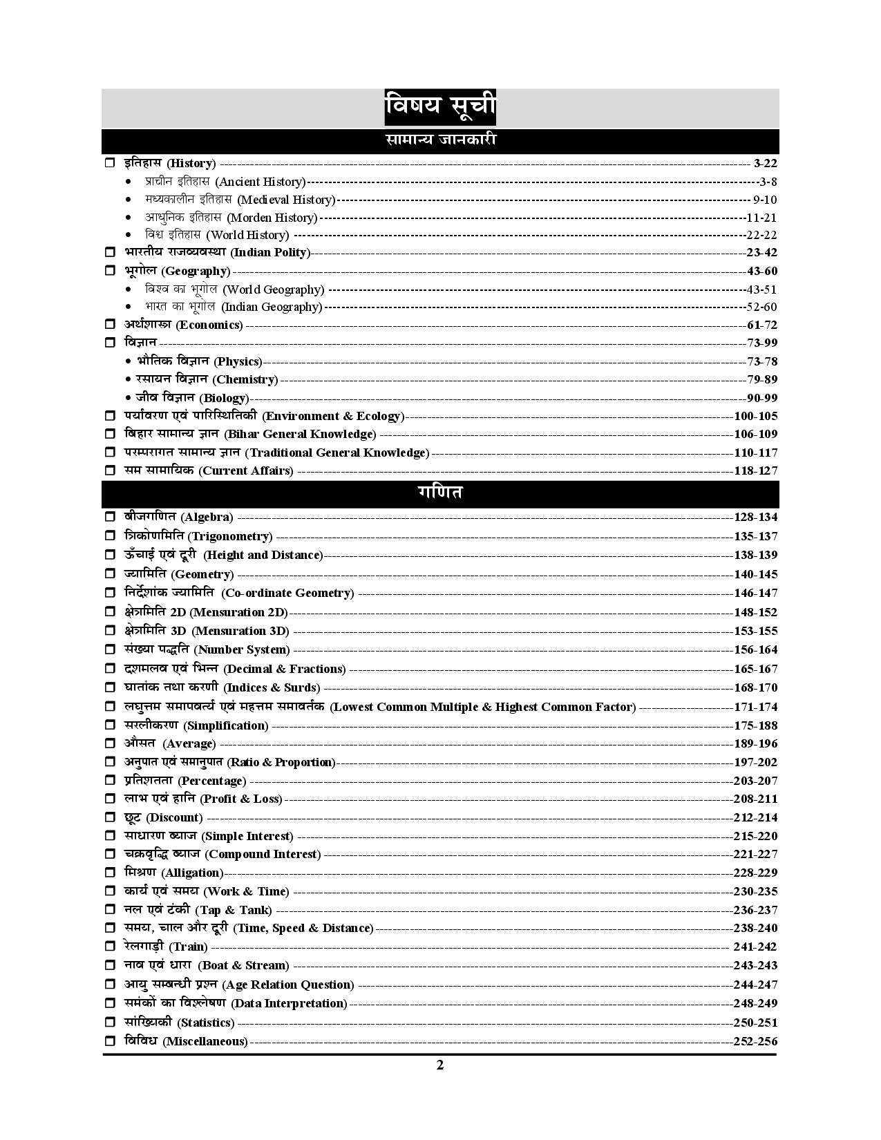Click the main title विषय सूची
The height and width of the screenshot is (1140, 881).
coord(440,107)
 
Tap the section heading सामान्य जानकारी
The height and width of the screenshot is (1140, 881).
coord(440,140)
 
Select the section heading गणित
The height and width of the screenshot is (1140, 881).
coord(440,493)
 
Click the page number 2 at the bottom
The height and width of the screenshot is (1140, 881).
coord(440,1065)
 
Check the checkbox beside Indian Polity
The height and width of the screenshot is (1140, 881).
coord(110,253)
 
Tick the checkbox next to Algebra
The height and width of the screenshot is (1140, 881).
coord(110,517)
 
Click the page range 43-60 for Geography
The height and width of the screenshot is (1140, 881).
coord(762,271)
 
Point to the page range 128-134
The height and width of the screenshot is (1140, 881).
coord(755,517)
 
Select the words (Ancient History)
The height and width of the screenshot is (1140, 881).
coord(260,182)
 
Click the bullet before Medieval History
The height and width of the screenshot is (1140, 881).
coord(129,200)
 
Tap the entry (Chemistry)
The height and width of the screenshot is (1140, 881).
coord(245,379)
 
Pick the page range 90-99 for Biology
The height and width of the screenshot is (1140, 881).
coord(762,398)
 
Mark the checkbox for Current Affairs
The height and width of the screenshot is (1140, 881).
coord(110,471)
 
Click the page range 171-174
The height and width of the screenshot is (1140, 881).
coord(755,707)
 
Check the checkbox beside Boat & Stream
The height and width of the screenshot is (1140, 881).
coord(110,965)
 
